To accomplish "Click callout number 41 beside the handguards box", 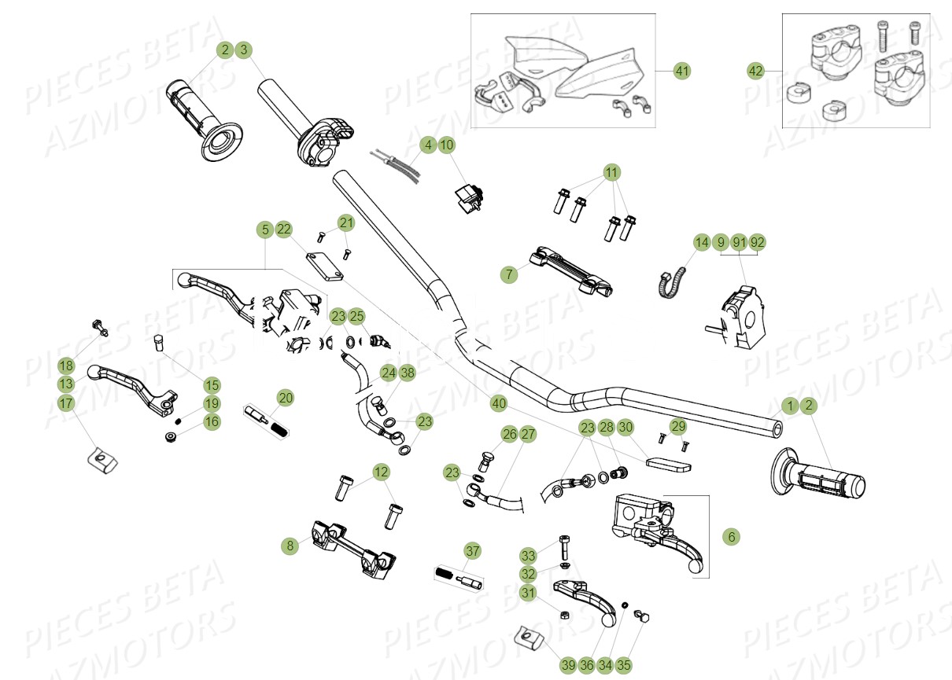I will pyautogui.click(x=682, y=71).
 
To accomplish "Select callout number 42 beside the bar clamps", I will pyautogui.click(x=755, y=71).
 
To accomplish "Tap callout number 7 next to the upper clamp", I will pyautogui.click(x=509, y=274).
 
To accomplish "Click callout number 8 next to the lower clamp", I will pyautogui.click(x=290, y=544).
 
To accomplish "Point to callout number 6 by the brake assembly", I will pyautogui.click(x=731, y=537).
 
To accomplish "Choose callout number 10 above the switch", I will pyautogui.click(x=468, y=145).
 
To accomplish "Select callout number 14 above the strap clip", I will pyautogui.click(x=701, y=241).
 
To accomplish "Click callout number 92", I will pyautogui.click(x=757, y=241).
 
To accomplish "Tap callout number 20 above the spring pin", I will pyautogui.click(x=286, y=398).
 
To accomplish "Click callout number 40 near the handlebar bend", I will pyautogui.click(x=498, y=403).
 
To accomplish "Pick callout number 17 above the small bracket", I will pyautogui.click(x=66, y=403).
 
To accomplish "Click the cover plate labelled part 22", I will pyautogui.click(x=325, y=265).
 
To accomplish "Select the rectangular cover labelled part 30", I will pyautogui.click(x=668, y=460).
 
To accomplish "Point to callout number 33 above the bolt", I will pyautogui.click(x=528, y=555).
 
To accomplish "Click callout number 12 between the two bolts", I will pyautogui.click(x=381, y=472).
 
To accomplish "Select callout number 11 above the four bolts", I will pyautogui.click(x=612, y=172).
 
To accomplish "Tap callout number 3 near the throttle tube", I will pyautogui.click(x=244, y=50).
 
